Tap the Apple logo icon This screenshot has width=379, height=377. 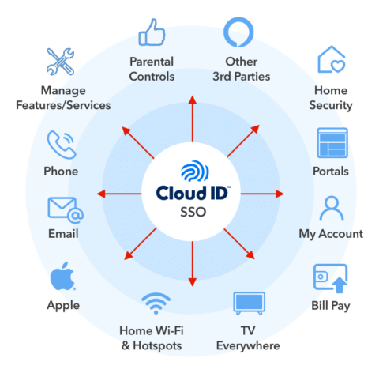tap(63, 278)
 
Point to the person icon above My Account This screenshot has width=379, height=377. tap(331, 210)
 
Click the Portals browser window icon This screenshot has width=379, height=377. tap(332, 144)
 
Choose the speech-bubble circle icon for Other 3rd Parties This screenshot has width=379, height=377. tap(240, 33)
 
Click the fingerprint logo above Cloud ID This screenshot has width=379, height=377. tap(191, 173)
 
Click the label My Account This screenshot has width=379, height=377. tap(331, 234)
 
